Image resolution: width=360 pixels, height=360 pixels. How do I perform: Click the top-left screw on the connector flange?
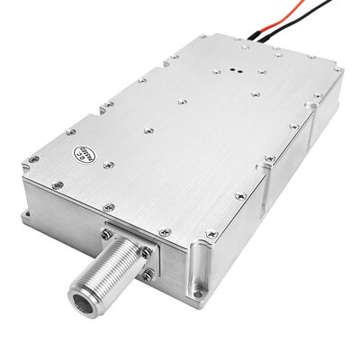tap(109, 232)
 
